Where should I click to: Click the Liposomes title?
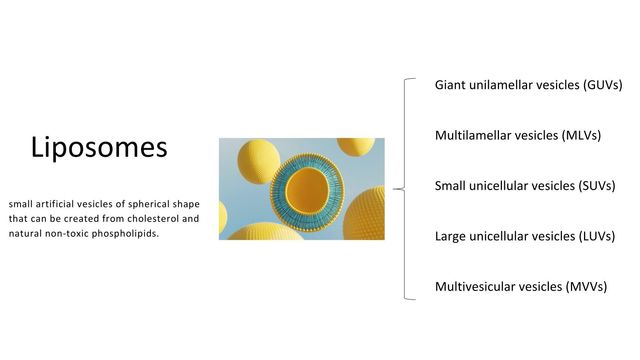click(99, 149)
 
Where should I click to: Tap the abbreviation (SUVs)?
click(585, 186)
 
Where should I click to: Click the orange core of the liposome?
click(309, 188)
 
